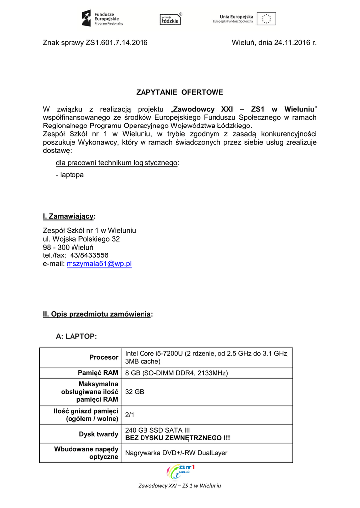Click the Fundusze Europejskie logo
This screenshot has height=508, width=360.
pos(102,18)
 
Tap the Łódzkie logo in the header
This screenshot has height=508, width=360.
pos(170,19)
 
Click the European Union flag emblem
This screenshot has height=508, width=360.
pos(266,18)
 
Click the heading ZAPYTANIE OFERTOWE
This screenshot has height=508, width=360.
pos(180,92)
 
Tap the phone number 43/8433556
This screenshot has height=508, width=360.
pos(89,255)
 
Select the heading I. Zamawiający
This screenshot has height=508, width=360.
pos(69,216)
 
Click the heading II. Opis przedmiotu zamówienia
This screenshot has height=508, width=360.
pos(97,314)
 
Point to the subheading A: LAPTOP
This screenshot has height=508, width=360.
pos(76,336)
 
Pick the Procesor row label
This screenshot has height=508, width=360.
pos(104,357)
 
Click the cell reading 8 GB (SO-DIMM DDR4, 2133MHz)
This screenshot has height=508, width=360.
pos(176,373)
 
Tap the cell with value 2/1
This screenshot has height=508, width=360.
pos(130,415)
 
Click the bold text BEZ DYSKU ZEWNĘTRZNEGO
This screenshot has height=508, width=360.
pos(177,438)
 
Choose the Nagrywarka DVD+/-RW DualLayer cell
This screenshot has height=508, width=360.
pos(176,453)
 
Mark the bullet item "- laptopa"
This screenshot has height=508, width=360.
pos(70,175)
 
